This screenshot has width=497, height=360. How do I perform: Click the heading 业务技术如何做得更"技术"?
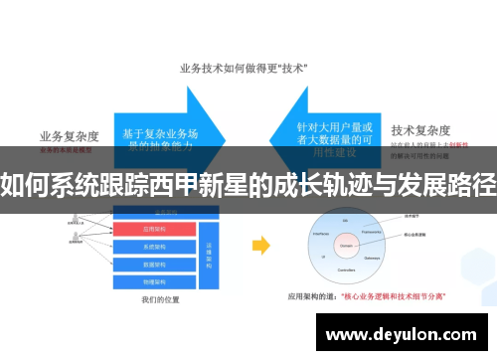(243, 69)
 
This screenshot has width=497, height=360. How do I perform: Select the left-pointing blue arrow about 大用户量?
(328, 126)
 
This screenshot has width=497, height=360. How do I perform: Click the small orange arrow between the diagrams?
(261, 244)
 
